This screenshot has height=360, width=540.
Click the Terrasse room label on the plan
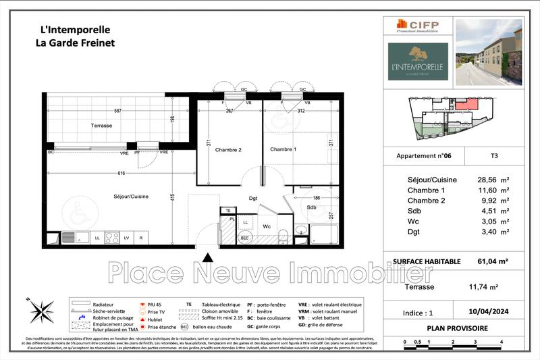pos(102,126)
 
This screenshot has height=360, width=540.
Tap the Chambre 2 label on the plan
pos(228,150)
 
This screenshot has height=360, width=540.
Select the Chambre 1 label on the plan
pos(283,149)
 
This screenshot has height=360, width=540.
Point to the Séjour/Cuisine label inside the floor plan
pos(130,197)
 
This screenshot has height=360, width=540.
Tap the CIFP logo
pos(418,26)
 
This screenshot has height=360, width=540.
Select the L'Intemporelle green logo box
pos(418,61)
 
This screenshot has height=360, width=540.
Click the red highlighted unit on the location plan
pos(464,105)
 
